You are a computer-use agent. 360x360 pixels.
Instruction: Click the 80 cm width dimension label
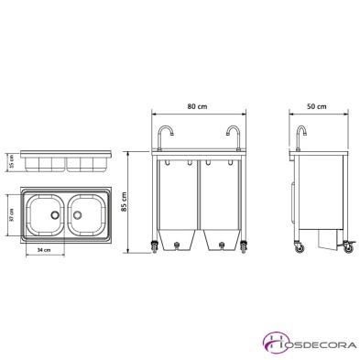tap(197, 106)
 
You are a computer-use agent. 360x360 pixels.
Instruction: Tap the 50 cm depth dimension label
tap(318, 106)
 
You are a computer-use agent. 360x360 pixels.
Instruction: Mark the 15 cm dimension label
tap(12, 161)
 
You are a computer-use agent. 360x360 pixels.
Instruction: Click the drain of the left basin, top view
tap(57, 214)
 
